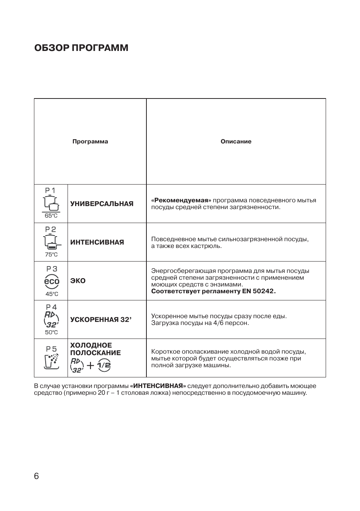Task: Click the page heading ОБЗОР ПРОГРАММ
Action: pos(81,48)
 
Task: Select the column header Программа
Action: pos(90,142)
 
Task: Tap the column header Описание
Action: pos(236,142)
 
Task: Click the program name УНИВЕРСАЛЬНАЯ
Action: pos(102,204)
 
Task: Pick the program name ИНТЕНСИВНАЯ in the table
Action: pos(97,242)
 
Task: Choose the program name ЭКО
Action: pos(78,281)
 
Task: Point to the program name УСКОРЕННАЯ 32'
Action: pos(101,320)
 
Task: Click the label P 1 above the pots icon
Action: pos(50,191)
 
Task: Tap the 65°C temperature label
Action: pos(51,216)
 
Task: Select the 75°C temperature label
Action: pos(51,254)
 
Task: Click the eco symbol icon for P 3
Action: pos(52,281)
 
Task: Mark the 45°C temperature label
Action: pos(52,294)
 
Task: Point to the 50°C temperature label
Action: pos(51,332)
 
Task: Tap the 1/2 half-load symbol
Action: pos(104,365)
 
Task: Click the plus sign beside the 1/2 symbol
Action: pos(91,365)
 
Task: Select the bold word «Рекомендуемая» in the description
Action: pos(181,200)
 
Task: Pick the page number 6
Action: pos(36,476)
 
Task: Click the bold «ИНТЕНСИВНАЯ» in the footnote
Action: pos(158,386)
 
